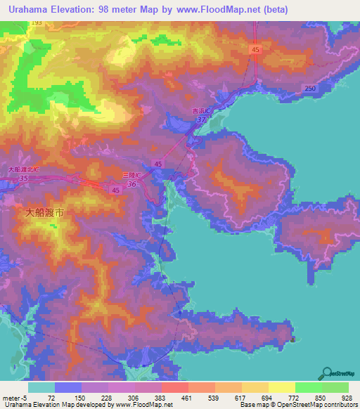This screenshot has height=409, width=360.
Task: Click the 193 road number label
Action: [37, 23]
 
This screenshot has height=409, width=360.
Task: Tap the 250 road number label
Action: [310, 87]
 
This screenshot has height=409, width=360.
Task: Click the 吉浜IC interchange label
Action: [202, 110]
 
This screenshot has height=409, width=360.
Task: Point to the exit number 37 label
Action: [202, 119]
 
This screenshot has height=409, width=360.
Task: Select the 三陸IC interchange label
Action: [133, 174]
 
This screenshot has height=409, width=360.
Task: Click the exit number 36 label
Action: [132, 184]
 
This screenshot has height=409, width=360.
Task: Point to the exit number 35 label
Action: [24, 178]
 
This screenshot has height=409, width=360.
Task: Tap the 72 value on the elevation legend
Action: [69, 397]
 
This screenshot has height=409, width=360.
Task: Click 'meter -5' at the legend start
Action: [14, 397]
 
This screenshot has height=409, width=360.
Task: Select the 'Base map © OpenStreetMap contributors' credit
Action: [296, 405]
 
